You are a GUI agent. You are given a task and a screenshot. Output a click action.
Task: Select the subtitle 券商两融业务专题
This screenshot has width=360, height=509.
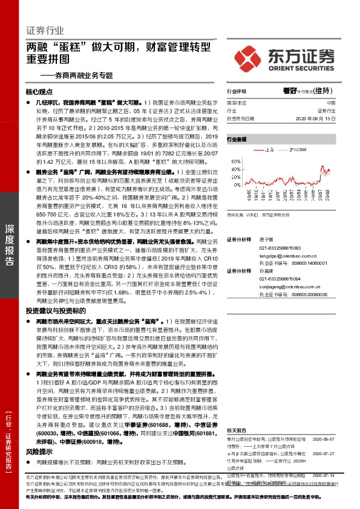tap(79, 76)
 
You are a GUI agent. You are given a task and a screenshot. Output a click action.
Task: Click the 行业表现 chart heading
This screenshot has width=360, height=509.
tap(237, 138)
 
